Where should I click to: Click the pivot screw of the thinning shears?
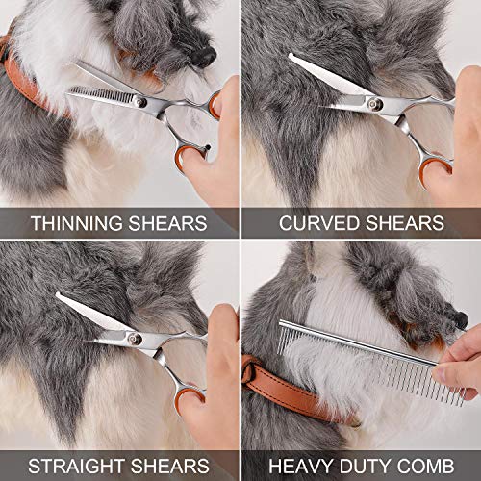pos(142,100)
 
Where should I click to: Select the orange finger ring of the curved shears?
pos(434,171)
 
